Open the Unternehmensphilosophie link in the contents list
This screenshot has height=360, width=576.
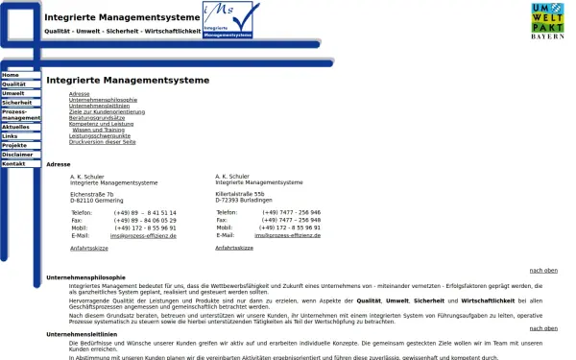103,100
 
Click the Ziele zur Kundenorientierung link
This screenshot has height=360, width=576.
108,111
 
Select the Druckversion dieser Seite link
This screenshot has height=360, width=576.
103,141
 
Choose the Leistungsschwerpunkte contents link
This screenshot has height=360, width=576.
100,135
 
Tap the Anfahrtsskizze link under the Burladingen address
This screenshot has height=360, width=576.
234,248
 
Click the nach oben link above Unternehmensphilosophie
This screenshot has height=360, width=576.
543,271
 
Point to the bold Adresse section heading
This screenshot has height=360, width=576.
59,164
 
